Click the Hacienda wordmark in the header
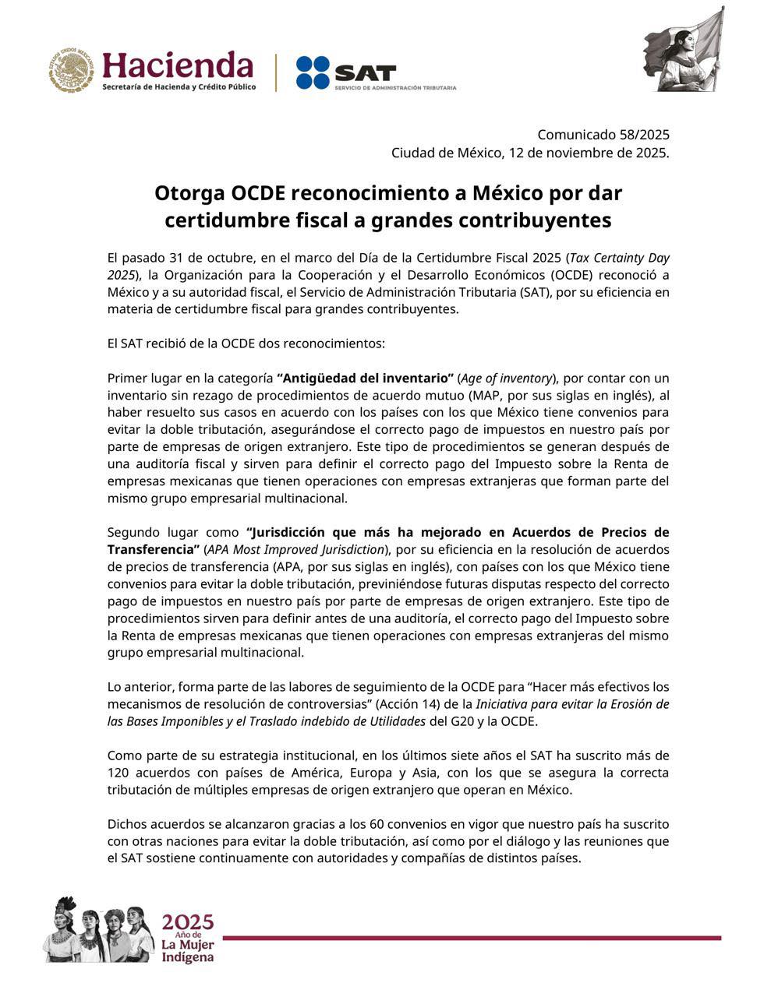point(178,65)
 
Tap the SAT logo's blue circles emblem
point(313,72)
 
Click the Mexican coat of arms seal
point(73,70)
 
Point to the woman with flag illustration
point(685,52)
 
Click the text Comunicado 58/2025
point(603,135)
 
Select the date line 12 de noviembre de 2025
point(589,153)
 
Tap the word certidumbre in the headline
point(224,220)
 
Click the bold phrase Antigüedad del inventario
point(365,379)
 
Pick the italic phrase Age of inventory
point(505,379)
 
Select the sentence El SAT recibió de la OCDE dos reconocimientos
point(246,343)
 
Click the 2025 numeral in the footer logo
point(187,922)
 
